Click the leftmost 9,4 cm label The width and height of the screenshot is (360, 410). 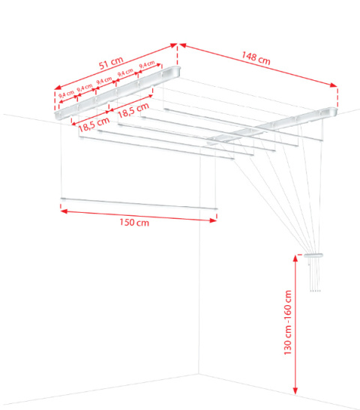pos(65,94)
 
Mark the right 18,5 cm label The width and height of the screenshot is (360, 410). pos(132,112)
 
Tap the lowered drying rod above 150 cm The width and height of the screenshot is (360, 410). pos(139,202)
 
